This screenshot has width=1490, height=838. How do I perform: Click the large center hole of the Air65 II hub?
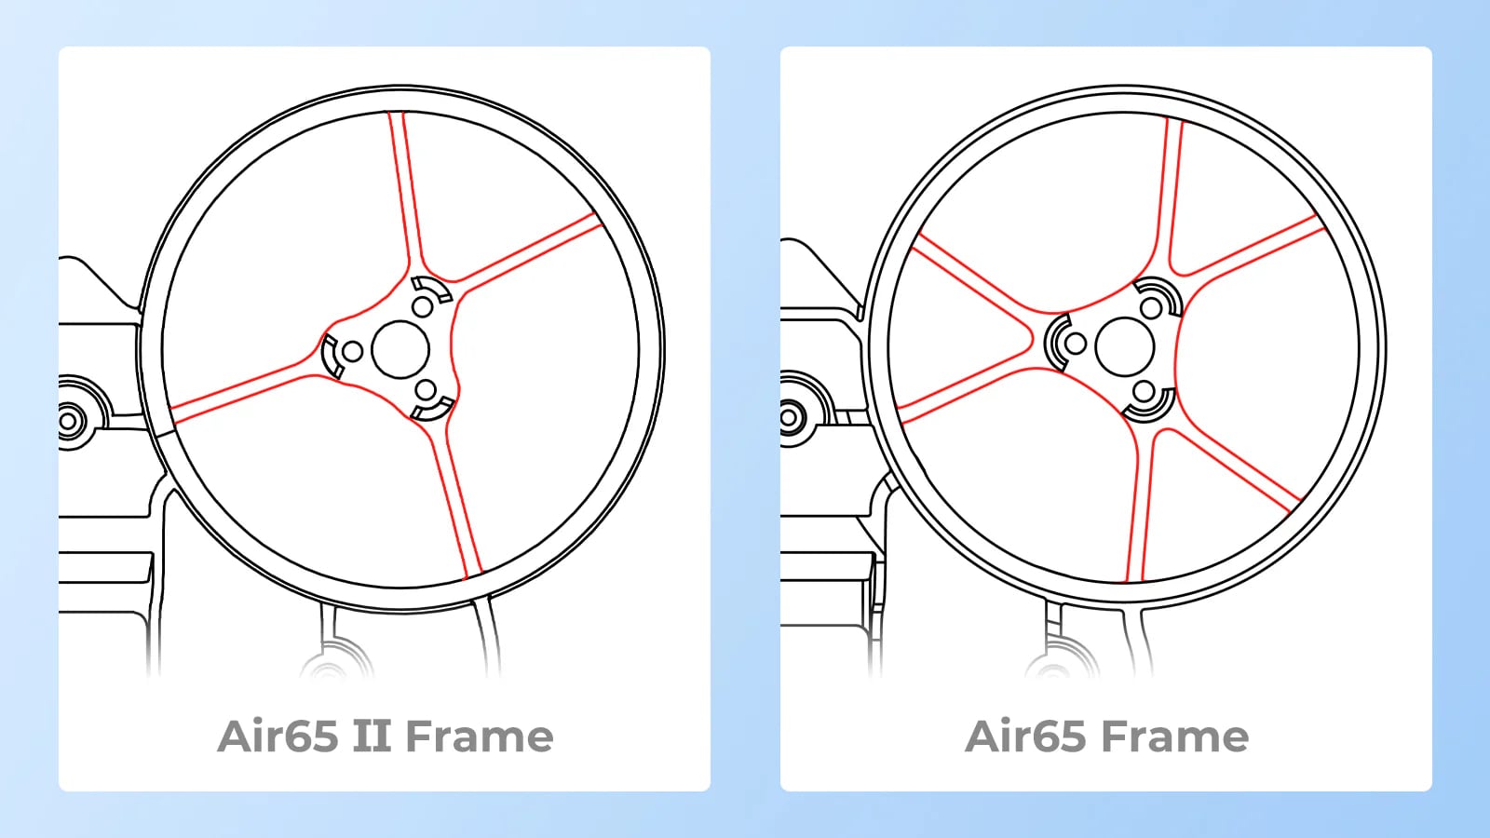click(x=400, y=350)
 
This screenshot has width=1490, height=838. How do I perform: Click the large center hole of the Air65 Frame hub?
click(x=1124, y=345)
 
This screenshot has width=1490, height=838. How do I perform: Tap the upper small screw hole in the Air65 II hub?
click(x=423, y=307)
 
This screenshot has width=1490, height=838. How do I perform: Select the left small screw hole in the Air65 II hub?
click(x=353, y=351)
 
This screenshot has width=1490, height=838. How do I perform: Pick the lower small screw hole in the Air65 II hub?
click(x=426, y=390)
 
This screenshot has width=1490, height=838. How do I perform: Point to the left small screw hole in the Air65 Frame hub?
click(x=1076, y=344)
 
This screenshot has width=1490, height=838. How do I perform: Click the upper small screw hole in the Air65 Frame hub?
click(x=1151, y=308)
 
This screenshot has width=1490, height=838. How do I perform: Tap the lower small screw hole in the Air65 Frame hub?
click(x=1145, y=391)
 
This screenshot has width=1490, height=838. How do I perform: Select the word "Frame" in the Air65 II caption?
click(x=479, y=737)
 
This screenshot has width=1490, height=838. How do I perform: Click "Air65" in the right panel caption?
click(x=1025, y=737)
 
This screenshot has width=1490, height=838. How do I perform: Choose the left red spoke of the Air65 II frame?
click(x=243, y=391)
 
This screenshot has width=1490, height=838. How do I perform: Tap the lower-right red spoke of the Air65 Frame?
click(x=1230, y=469)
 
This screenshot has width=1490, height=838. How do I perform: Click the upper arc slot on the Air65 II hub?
click(x=432, y=289)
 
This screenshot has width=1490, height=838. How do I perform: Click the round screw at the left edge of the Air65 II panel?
click(x=68, y=420)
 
